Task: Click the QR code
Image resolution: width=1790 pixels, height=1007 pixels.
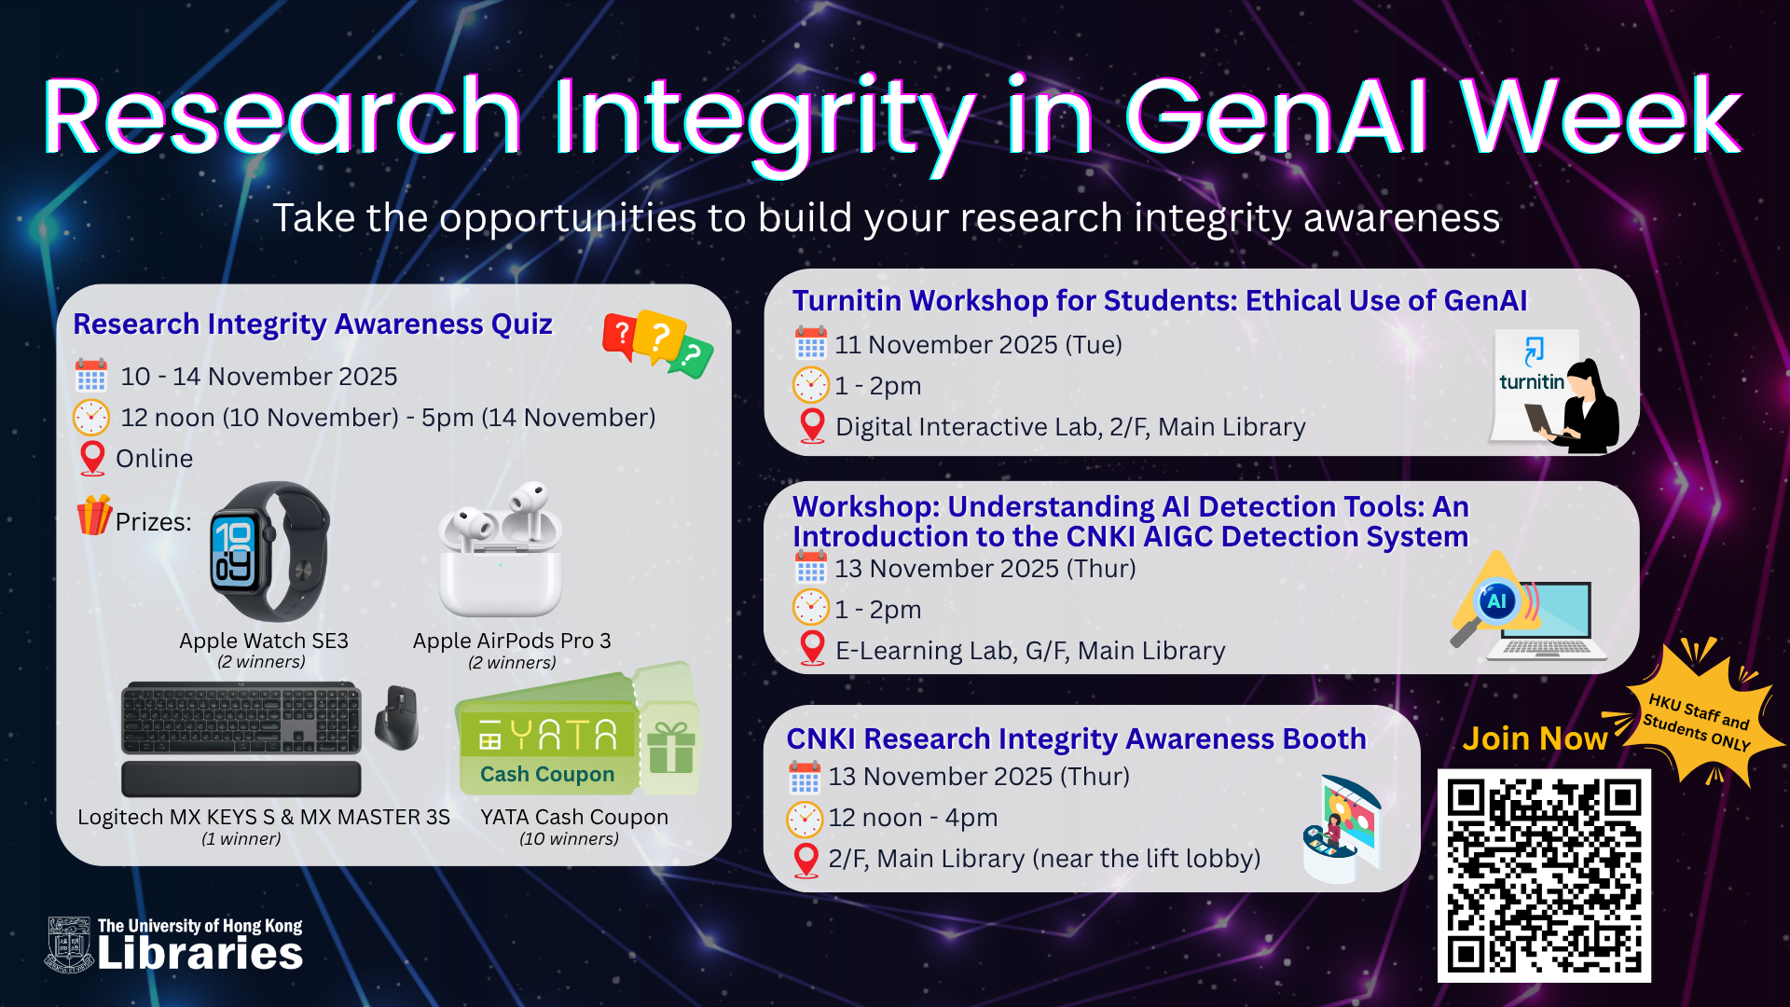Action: click(1544, 876)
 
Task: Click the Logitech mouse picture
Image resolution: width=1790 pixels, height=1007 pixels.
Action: click(396, 717)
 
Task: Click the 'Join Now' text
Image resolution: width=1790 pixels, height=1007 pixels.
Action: click(1535, 738)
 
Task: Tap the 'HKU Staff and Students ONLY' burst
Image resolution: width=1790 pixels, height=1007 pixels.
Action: click(1699, 714)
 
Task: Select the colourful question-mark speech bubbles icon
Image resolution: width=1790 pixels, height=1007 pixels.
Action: click(657, 343)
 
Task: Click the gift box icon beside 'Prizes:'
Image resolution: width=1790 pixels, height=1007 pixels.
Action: click(94, 516)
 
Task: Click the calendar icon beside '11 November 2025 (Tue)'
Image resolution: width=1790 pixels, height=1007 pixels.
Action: click(811, 343)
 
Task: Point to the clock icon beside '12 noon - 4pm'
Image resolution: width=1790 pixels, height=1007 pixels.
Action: click(805, 819)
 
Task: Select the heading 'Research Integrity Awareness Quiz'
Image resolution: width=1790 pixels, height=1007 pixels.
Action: click(312, 324)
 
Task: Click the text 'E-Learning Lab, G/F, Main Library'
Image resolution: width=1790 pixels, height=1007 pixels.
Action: click(1030, 650)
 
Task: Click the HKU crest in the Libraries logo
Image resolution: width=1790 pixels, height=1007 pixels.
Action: click(69, 945)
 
